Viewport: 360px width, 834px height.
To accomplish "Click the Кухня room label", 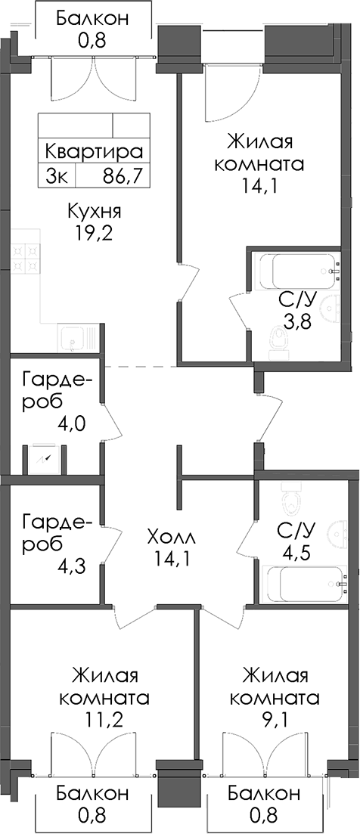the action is pos(95,212).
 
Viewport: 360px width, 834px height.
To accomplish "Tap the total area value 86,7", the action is pos(125,176).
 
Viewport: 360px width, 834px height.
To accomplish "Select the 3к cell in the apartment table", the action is pos(57,176).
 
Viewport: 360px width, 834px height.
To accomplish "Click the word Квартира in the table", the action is pos(94,151).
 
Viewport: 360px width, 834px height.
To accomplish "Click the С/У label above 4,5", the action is pos(297,530).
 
